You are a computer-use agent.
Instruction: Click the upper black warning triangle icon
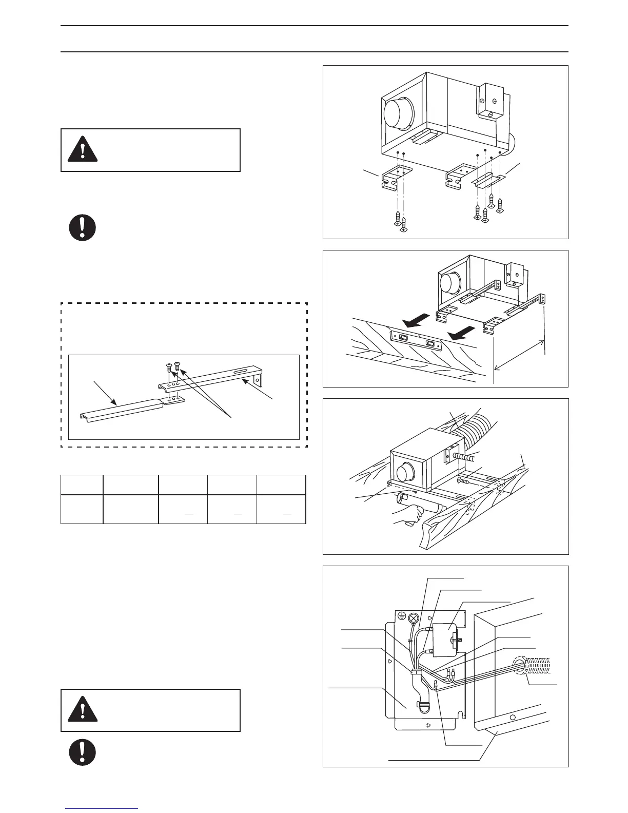coord(82,148)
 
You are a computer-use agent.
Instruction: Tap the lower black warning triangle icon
coord(82,709)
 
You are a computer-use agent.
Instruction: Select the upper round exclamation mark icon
coord(83,227)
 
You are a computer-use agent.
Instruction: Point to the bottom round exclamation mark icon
coord(83,752)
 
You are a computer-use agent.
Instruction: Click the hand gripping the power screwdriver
coord(407,524)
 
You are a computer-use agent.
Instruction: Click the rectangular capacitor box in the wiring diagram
coord(445,640)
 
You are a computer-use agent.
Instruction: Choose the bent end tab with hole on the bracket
coord(259,380)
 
